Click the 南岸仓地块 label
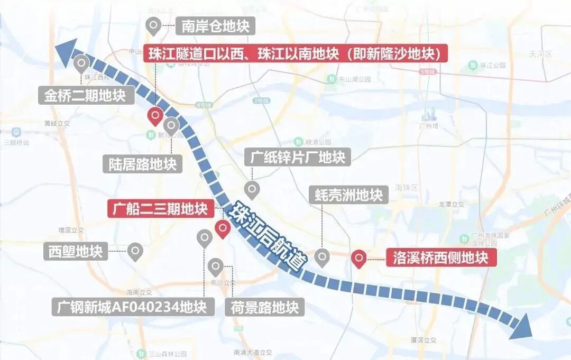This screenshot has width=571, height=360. pyautogui.click(x=215, y=25)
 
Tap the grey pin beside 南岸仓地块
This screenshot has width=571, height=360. pyautogui.click(x=153, y=24)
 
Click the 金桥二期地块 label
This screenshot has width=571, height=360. pyautogui.click(x=85, y=97)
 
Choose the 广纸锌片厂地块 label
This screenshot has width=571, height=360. pyautogui.click(x=297, y=156)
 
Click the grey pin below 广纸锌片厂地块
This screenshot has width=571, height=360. pyautogui.click(x=252, y=189)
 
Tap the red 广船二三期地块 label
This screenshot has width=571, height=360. pyautogui.click(x=162, y=209)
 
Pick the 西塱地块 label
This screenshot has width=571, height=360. pyautogui.click(x=76, y=251)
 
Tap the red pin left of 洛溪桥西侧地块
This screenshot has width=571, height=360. pyautogui.click(x=360, y=258)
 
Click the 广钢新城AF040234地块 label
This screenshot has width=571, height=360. pyautogui.click(x=133, y=307)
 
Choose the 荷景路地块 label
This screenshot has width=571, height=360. pyautogui.click(x=264, y=307)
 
